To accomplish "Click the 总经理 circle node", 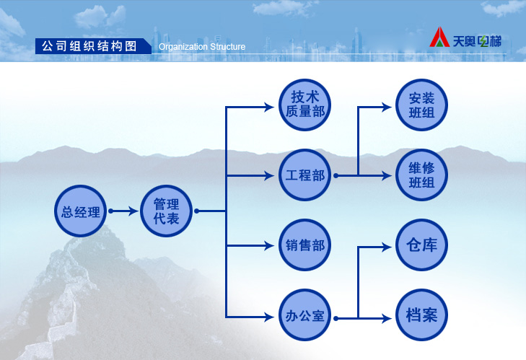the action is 81,211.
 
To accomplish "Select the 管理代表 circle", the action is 167,211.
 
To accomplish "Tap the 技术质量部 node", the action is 305,105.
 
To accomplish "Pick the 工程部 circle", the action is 305,175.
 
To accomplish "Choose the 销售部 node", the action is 305,245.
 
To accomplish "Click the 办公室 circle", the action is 305,315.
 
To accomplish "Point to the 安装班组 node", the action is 421,105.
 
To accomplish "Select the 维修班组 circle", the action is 421,175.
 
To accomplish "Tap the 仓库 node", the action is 421,245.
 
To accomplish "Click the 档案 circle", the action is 421,315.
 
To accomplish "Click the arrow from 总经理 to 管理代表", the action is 123,211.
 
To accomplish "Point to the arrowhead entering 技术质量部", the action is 269,107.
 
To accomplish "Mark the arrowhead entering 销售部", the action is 269,245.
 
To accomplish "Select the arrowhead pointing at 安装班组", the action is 387,107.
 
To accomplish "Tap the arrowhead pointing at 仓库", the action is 387,247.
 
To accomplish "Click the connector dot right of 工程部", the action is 336,175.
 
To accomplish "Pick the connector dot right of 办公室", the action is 336,318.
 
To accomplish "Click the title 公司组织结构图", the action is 89,46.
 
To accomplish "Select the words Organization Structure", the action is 202,47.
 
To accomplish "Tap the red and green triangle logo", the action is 439,37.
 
